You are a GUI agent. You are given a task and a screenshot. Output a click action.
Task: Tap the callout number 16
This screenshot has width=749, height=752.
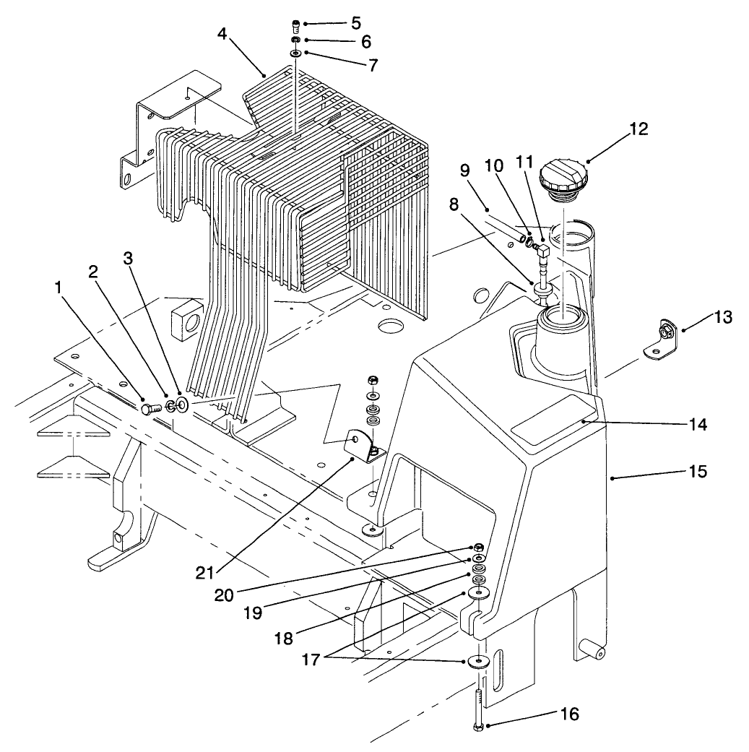(x=569, y=714)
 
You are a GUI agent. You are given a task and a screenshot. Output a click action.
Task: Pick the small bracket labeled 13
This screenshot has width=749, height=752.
(x=659, y=337)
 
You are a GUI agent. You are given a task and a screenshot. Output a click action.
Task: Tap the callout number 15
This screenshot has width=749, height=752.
(x=696, y=472)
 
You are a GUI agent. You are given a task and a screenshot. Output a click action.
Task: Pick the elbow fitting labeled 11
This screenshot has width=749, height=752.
(x=543, y=251)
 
